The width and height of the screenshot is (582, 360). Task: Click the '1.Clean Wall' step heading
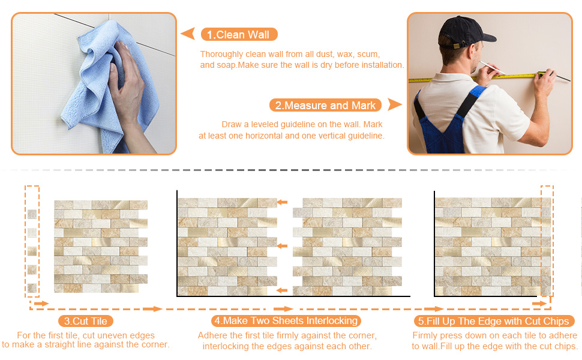(239, 34)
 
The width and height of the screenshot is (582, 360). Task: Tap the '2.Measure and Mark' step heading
(326, 106)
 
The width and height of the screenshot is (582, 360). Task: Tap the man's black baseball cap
(458, 30)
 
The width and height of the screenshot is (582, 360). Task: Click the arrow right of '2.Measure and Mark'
(394, 105)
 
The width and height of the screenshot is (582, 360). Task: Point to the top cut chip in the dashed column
(32, 214)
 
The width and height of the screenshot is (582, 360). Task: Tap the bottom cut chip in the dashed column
(32, 288)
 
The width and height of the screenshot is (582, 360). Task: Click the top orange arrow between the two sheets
(282, 202)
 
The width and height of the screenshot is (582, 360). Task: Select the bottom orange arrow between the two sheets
(282, 290)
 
